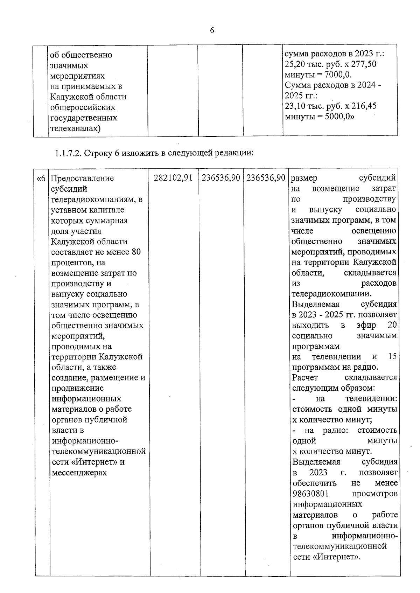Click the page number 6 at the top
pyautogui.click(x=212, y=31)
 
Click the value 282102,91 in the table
pyautogui.click(x=173, y=178)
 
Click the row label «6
pyautogui.click(x=41, y=178)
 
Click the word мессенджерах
pyautogui.click(x=79, y=473)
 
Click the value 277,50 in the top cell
pyautogui.click(x=364, y=64)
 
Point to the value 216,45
pyautogui.click(x=364, y=106)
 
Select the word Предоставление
pyautogui.click(x=83, y=178)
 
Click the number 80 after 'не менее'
pyautogui.click(x=136, y=252)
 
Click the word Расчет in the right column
pyautogui.click(x=305, y=377)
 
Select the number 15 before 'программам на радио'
pyautogui.click(x=392, y=357)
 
